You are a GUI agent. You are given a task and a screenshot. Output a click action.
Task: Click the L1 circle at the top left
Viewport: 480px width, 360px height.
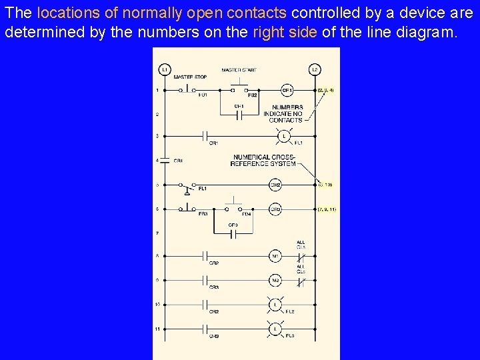click(x=164, y=69)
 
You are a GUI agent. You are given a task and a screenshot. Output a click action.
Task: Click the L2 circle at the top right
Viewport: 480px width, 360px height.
click(x=315, y=69)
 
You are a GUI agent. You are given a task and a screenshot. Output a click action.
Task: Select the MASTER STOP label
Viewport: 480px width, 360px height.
click(x=190, y=77)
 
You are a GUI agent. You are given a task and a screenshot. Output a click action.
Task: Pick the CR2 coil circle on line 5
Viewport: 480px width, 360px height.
click(x=275, y=184)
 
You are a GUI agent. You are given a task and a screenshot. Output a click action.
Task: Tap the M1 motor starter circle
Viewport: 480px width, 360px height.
click(x=275, y=256)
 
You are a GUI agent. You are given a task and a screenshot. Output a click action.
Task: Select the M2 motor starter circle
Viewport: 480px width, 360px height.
click(x=275, y=280)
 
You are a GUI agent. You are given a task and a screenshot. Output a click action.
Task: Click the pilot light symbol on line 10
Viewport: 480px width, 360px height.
click(x=275, y=305)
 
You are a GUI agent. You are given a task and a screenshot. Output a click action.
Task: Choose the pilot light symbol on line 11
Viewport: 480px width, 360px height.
click(x=275, y=329)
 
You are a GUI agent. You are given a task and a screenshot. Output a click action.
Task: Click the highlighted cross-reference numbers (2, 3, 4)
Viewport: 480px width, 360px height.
click(x=325, y=89)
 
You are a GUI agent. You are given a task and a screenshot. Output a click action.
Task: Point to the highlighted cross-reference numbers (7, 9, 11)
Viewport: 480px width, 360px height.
click(x=327, y=209)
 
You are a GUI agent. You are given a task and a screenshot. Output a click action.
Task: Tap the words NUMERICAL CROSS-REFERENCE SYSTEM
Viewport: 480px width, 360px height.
click(x=264, y=161)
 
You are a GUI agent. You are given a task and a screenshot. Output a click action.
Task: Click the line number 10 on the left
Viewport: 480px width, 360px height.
click(x=157, y=305)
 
